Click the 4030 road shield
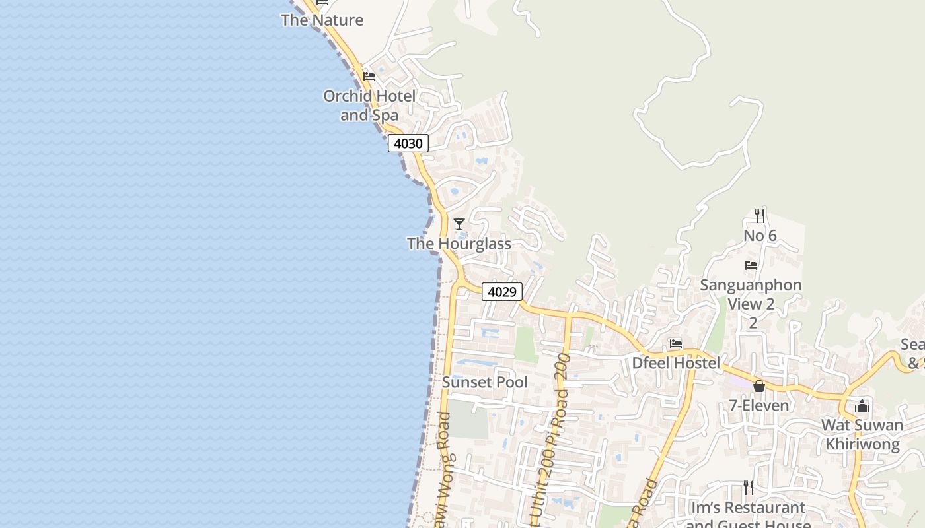(x=408, y=143)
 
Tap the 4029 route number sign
(x=501, y=292)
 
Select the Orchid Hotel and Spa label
(x=369, y=106)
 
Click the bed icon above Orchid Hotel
(x=369, y=77)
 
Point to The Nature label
(x=322, y=20)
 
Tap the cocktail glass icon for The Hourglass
(x=459, y=224)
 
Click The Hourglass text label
(x=459, y=244)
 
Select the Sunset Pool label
(x=485, y=382)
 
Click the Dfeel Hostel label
(x=676, y=363)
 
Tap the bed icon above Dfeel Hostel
(x=676, y=343)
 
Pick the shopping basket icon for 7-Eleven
(x=759, y=386)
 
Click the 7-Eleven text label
(x=759, y=405)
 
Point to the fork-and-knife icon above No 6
(x=760, y=216)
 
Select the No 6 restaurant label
(x=760, y=236)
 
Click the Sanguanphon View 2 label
(x=751, y=294)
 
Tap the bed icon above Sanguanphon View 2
(x=751, y=265)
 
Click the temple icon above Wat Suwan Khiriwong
(x=862, y=406)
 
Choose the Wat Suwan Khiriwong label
(x=862, y=434)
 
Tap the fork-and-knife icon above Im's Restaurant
(x=749, y=488)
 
